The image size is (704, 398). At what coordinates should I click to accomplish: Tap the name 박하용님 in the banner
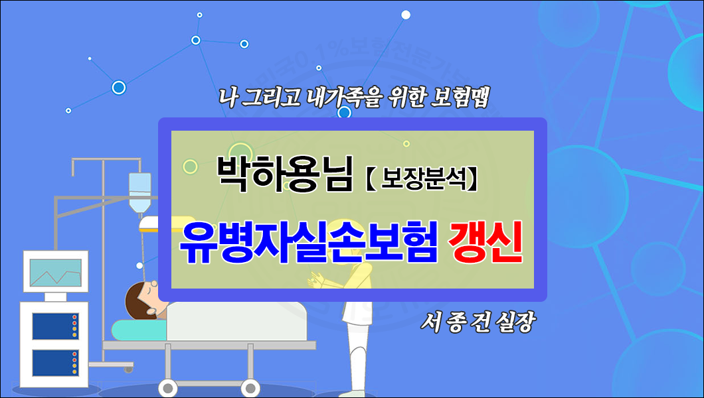point(284,174)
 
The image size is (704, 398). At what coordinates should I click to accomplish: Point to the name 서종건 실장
point(477,323)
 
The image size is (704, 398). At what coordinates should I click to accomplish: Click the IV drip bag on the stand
point(139,189)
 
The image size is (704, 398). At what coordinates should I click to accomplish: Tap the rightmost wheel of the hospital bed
point(250,389)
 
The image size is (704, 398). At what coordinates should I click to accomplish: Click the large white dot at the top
point(406,15)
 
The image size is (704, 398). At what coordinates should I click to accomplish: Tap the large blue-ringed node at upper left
point(119,87)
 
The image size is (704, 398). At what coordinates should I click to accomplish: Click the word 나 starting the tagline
point(226,98)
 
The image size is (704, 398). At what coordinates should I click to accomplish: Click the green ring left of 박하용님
point(191,166)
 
